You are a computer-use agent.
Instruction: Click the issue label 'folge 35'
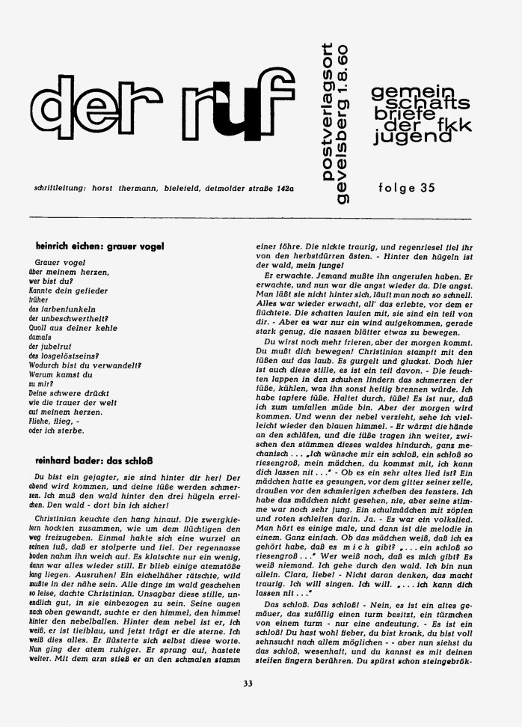[407, 189]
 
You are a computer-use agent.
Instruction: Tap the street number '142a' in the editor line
[282, 189]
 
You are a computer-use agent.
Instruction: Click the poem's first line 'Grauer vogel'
[57, 264]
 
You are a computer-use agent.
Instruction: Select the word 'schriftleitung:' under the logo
[52, 189]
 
